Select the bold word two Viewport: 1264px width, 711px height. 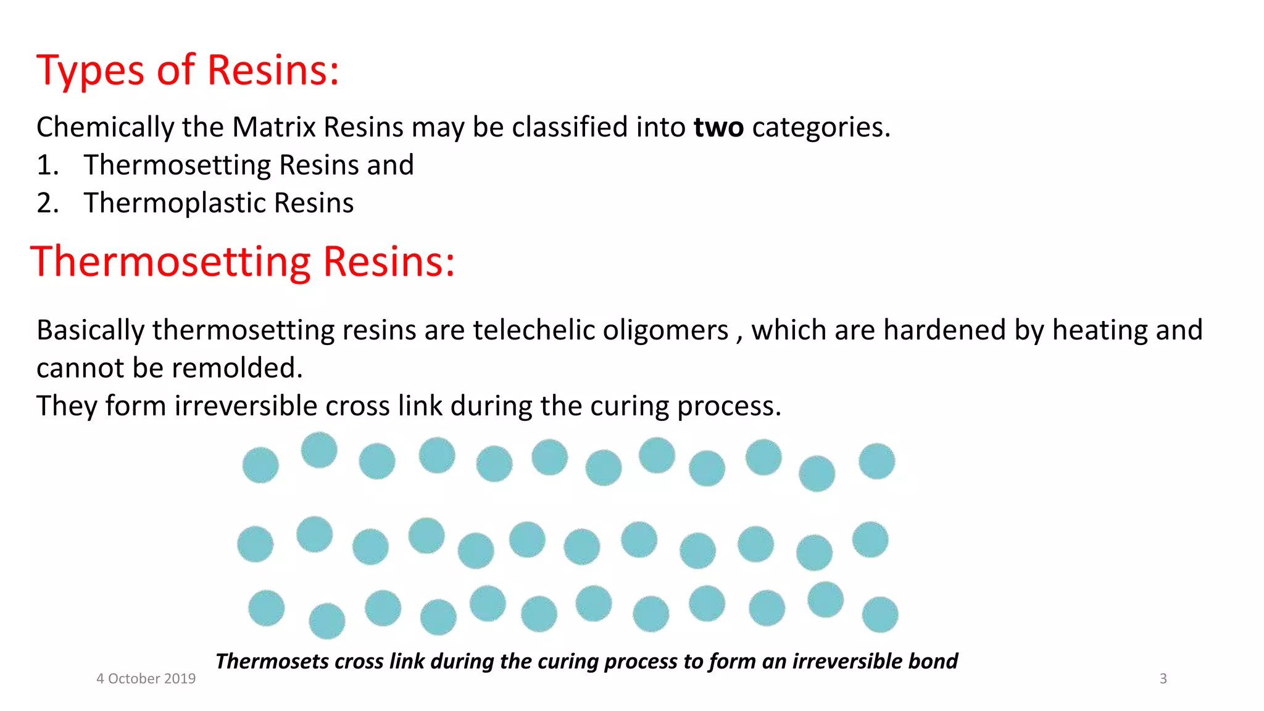click(x=718, y=127)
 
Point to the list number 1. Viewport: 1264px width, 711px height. click(x=47, y=165)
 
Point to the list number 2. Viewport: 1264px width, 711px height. click(x=47, y=203)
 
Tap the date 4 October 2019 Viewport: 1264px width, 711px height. click(x=146, y=679)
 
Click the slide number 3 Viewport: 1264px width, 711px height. click(x=1163, y=679)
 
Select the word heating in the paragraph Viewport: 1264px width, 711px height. click(x=1099, y=331)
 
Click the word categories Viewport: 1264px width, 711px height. click(x=821, y=128)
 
